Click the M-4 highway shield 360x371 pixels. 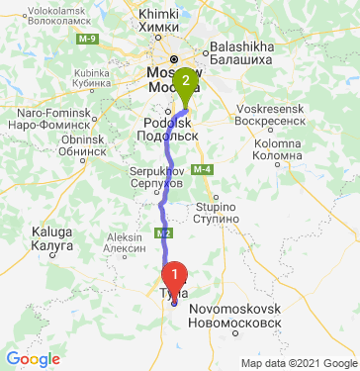pyautogui.click(x=202, y=171)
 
